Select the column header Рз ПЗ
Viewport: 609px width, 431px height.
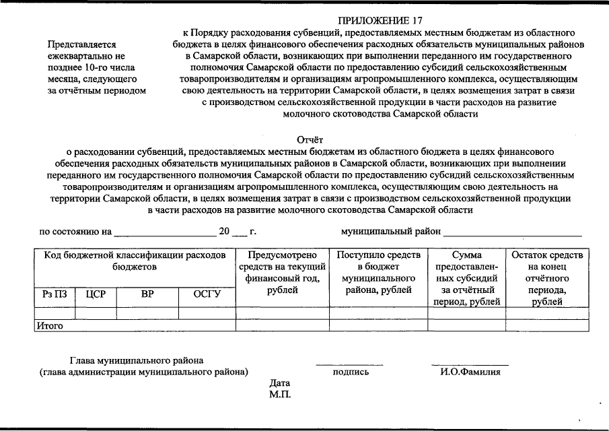coord(54,294)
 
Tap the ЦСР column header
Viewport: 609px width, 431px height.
coord(96,294)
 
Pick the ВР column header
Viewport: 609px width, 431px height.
coord(147,294)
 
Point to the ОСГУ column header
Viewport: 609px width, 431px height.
coord(207,294)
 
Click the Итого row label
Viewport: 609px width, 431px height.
coord(50,325)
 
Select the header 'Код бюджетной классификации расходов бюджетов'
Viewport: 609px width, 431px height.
coord(135,261)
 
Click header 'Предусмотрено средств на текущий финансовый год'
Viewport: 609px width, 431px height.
coord(282,273)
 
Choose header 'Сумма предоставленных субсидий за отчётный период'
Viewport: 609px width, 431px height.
coord(466,278)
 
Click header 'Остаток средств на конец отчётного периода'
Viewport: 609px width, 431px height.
coord(548,278)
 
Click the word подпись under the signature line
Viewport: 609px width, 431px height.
coord(351,371)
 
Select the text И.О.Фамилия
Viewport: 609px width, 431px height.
coord(469,371)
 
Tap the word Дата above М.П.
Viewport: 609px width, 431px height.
coord(279,383)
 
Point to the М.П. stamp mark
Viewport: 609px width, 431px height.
coord(279,394)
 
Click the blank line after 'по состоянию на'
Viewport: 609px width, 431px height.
coord(164,233)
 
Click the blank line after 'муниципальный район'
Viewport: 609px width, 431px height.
coord(512,233)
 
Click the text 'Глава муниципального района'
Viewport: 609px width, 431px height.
coord(137,360)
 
